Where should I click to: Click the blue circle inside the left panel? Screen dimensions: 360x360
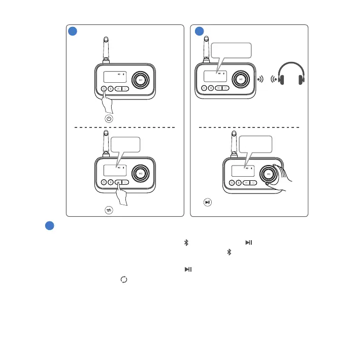(73, 31)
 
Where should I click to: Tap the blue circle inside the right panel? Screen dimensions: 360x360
(200, 31)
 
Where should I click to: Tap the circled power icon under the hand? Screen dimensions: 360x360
(109, 118)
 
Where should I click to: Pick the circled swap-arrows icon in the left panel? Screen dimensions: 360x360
(109, 209)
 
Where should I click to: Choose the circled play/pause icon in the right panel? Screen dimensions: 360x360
(207, 202)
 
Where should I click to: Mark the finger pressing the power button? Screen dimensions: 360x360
(107, 102)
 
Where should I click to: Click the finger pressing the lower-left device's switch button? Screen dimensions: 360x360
(122, 194)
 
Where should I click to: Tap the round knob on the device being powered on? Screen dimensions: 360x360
(141, 80)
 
